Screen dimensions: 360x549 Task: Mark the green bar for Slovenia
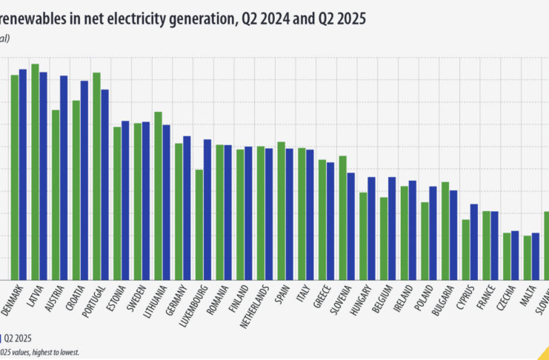[342, 218]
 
